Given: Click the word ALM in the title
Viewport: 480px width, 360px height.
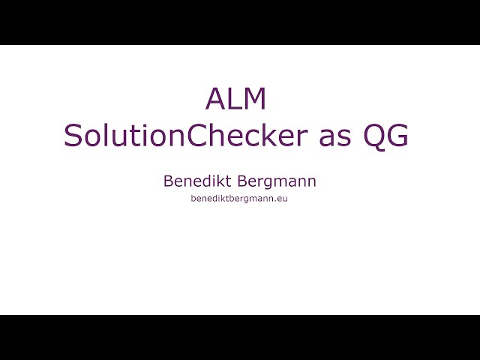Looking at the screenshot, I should pyautogui.click(x=236, y=100).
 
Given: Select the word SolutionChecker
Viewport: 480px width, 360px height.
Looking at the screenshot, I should pyautogui.click(x=185, y=136).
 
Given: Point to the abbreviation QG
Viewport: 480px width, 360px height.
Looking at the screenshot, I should pyautogui.click(x=385, y=136).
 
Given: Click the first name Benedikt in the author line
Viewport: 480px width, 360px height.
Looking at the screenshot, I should pyautogui.click(x=197, y=181).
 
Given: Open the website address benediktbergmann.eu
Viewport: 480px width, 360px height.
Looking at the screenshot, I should pyautogui.click(x=239, y=199).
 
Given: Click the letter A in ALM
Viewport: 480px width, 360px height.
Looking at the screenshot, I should pyautogui.click(x=215, y=100).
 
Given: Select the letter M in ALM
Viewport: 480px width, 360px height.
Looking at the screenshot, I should pyautogui.click(x=254, y=100).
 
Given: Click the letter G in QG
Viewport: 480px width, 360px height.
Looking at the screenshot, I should pyautogui.click(x=397, y=136).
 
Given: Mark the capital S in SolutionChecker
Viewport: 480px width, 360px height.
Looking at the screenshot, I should pyautogui.click(x=73, y=136).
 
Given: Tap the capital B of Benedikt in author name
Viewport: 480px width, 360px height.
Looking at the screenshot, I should pyautogui.click(x=168, y=181).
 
